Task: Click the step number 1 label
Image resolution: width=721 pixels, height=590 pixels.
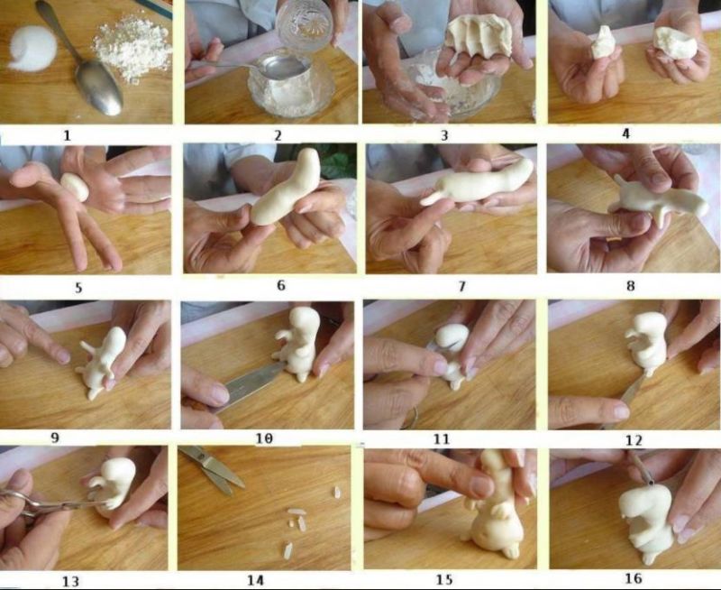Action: tap(68, 135)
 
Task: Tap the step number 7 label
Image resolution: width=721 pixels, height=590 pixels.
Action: tap(462, 286)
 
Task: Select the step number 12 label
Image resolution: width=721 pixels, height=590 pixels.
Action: tap(634, 440)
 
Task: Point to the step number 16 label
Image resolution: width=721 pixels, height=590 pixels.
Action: tap(634, 578)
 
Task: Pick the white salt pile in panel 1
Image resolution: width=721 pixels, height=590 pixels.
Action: tap(32, 49)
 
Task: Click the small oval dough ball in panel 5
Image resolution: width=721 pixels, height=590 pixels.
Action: tap(75, 187)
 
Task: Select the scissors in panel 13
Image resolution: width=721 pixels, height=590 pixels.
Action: tap(46, 504)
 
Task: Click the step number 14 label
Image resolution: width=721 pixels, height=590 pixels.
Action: tap(256, 580)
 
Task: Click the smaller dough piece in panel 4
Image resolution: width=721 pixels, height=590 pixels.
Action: tap(603, 42)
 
